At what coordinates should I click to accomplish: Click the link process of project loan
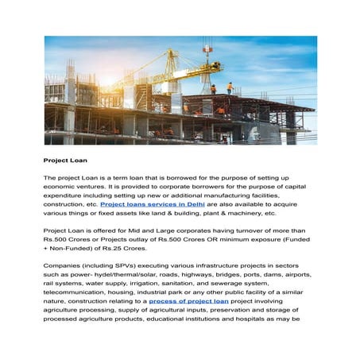(188, 301)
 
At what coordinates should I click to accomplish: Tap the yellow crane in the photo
(171, 64)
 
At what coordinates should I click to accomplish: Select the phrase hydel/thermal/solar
(128, 274)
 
